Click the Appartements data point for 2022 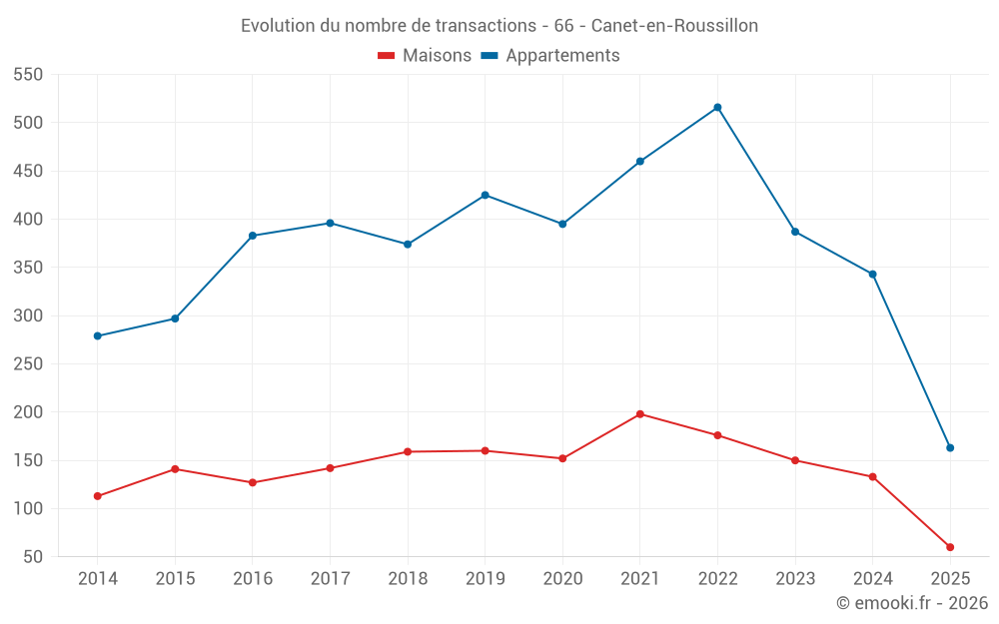point(717,107)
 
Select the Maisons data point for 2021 point(640,413)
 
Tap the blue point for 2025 point(950,447)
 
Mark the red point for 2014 point(97,496)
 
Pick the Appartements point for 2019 point(485,195)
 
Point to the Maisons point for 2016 point(252,482)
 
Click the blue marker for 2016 point(252,236)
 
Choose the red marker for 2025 point(950,547)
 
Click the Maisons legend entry point(425,56)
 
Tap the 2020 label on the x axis point(562,579)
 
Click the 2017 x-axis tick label point(330,579)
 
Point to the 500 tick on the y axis point(28,123)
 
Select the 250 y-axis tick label point(28,364)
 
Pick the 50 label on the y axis point(33,557)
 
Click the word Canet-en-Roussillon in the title point(674,25)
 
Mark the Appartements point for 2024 point(872,274)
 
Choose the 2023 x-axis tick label point(795,579)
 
